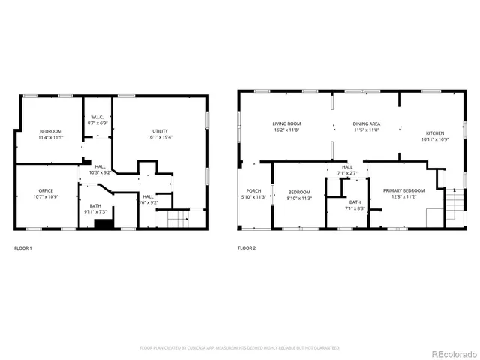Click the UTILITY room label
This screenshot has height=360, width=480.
pos(158,131)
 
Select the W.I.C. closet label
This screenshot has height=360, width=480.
pos(97,117)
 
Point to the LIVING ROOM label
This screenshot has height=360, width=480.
pos(286,124)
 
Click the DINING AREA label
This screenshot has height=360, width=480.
pos(367,124)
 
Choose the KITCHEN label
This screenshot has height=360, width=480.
pos(433,133)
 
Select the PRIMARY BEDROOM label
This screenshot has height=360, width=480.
pos(403,191)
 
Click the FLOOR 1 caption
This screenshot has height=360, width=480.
pos(23,247)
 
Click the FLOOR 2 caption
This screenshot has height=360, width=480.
pos(247,247)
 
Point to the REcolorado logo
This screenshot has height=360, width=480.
pos(448,347)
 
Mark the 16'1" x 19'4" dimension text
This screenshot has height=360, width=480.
pos(158,137)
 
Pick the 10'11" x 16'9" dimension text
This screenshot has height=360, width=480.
pos(433,139)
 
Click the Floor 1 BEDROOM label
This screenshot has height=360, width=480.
pos(50,131)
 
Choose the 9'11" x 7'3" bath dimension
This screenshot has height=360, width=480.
pos(95,212)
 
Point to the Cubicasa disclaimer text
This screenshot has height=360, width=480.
pos(240,348)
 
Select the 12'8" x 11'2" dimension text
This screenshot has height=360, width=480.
pos(403,197)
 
